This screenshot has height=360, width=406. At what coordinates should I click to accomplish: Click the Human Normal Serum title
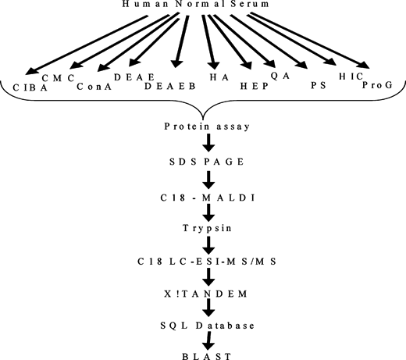click(x=195, y=4)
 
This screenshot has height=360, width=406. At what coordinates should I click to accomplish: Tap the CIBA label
click(x=30, y=87)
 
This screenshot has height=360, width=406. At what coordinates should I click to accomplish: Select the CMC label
click(x=59, y=78)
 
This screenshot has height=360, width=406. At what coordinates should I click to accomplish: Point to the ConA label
click(x=94, y=87)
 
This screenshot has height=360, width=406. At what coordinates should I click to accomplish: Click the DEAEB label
click(x=170, y=86)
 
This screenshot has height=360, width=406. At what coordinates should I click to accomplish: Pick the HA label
click(x=219, y=77)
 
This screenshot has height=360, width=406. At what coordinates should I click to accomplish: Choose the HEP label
click(x=255, y=86)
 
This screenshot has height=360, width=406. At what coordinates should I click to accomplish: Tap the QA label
click(x=280, y=76)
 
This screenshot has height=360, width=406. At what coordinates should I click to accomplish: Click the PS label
click(x=319, y=85)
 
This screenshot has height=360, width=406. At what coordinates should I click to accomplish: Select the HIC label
click(x=351, y=77)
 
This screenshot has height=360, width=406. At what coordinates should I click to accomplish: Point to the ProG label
click(x=377, y=85)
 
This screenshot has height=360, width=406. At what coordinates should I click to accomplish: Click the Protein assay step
click(x=207, y=127)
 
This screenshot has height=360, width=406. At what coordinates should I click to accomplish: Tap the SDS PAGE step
click(x=207, y=162)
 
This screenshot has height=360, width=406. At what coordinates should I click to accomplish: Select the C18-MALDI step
click(x=208, y=198)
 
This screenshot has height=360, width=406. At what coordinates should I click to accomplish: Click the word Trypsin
click(x=207, y=228)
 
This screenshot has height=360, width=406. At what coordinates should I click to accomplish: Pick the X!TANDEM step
click(x=205, y=294)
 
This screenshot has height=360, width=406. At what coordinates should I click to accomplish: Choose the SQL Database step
click(x=208, y=326)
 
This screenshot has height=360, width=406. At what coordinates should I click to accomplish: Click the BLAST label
click(x=207, y=356)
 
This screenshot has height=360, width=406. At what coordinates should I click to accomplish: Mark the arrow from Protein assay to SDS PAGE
click(x=208, y=143)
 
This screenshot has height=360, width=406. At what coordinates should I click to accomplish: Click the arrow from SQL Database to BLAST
click(x=208, y=340)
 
